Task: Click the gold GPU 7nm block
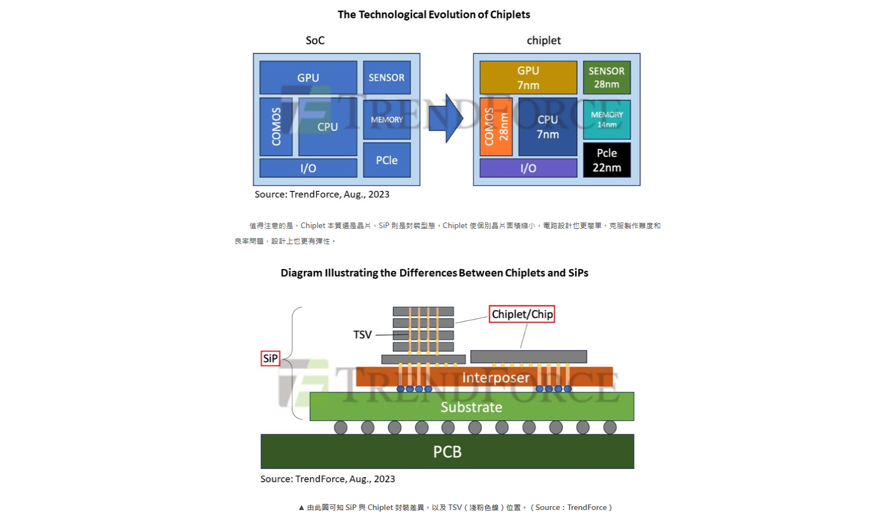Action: [528, 78]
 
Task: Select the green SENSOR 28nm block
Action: [607, 78]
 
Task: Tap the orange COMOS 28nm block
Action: [496, 127]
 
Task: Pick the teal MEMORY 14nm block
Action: [607, 119]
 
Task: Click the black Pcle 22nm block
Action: [607, 160]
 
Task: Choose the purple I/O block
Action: [528, 168]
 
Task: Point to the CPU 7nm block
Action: [547, 127]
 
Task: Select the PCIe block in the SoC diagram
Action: [386, 160]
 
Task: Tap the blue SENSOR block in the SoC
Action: [386, 78]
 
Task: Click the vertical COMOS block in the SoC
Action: [276, 127]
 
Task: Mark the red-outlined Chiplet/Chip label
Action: [522, 314]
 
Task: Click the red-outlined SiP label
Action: [270, 359]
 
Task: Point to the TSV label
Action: [362, 335]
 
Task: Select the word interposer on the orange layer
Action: [496, 378]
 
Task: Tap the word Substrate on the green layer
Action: [471, 407]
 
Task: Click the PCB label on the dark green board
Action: [447, 452]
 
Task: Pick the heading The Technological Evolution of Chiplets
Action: [434, 14]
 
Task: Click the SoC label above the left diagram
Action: [315, 41]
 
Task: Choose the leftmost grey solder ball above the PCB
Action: [340, 427]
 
